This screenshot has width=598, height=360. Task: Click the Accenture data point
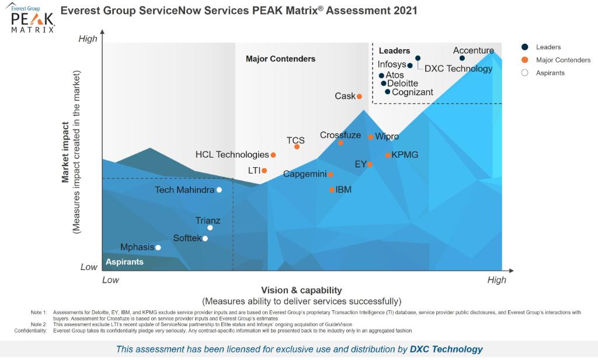coord(462,58)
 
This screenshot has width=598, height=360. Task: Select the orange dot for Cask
coord(359,96)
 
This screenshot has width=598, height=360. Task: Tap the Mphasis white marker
coord(158,247)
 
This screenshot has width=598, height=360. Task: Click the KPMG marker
coord(388,155)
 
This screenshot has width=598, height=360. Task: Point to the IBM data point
coord(332,189)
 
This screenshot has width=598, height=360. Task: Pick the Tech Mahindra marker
coord(219,189)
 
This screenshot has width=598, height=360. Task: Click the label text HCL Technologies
coord(232,155)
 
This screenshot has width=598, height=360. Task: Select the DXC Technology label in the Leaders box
coord(458,69)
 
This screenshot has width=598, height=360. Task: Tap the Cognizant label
coord(412,92)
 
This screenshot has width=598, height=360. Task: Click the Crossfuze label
coord(340,135)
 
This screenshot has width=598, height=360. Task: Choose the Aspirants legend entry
coord(550,73)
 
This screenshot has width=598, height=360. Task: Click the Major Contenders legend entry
coord(563,60)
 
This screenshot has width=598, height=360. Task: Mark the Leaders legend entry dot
coord(524,47)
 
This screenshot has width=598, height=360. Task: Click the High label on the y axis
coord(88,39)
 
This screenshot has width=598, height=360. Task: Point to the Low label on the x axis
coord(111,280)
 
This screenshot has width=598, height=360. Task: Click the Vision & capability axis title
coord(301,290)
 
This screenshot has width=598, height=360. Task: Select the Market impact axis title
coord(66,152)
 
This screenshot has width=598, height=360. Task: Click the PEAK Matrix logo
coord(33,19)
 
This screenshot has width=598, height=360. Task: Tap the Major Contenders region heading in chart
coord(280,59)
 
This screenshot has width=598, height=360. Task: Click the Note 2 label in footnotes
coord(39,324)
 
